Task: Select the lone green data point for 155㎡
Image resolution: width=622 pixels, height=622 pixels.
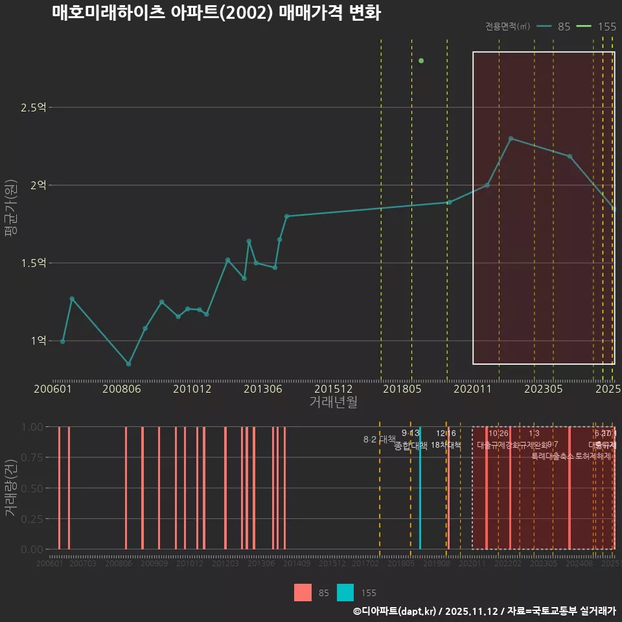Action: pyautogui.click(x=421, y=61)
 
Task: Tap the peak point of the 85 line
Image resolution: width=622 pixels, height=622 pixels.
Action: pyautogui.click(x=511, y=139)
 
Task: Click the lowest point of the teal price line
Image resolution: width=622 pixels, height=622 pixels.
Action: pyautogui.click(x=129, y=364)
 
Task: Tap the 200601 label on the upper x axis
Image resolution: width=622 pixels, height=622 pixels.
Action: pyautogui.click(x=53, y=389)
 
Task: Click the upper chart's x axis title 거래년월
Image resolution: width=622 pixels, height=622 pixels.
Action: pyautogui.click(x=333, y=402)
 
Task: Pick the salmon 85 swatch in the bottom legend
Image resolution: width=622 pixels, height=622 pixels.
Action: pyautogui.click(x=303, y=593)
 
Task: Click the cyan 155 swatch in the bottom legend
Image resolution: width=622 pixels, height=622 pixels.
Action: pyautogui.click(x=345, y=593)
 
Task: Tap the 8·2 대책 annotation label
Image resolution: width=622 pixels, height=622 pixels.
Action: pyautogui.click(x=380, y=439)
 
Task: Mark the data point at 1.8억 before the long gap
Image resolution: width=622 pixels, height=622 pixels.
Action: pyautogui.click(x=287, y=216)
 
